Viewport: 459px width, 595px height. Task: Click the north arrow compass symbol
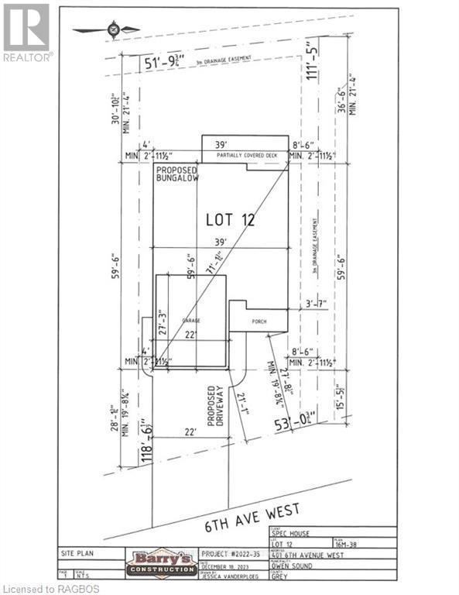[114, 30]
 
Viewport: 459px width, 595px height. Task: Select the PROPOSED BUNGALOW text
[176, 174]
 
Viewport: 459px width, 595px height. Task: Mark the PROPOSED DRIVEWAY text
[214, 406]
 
